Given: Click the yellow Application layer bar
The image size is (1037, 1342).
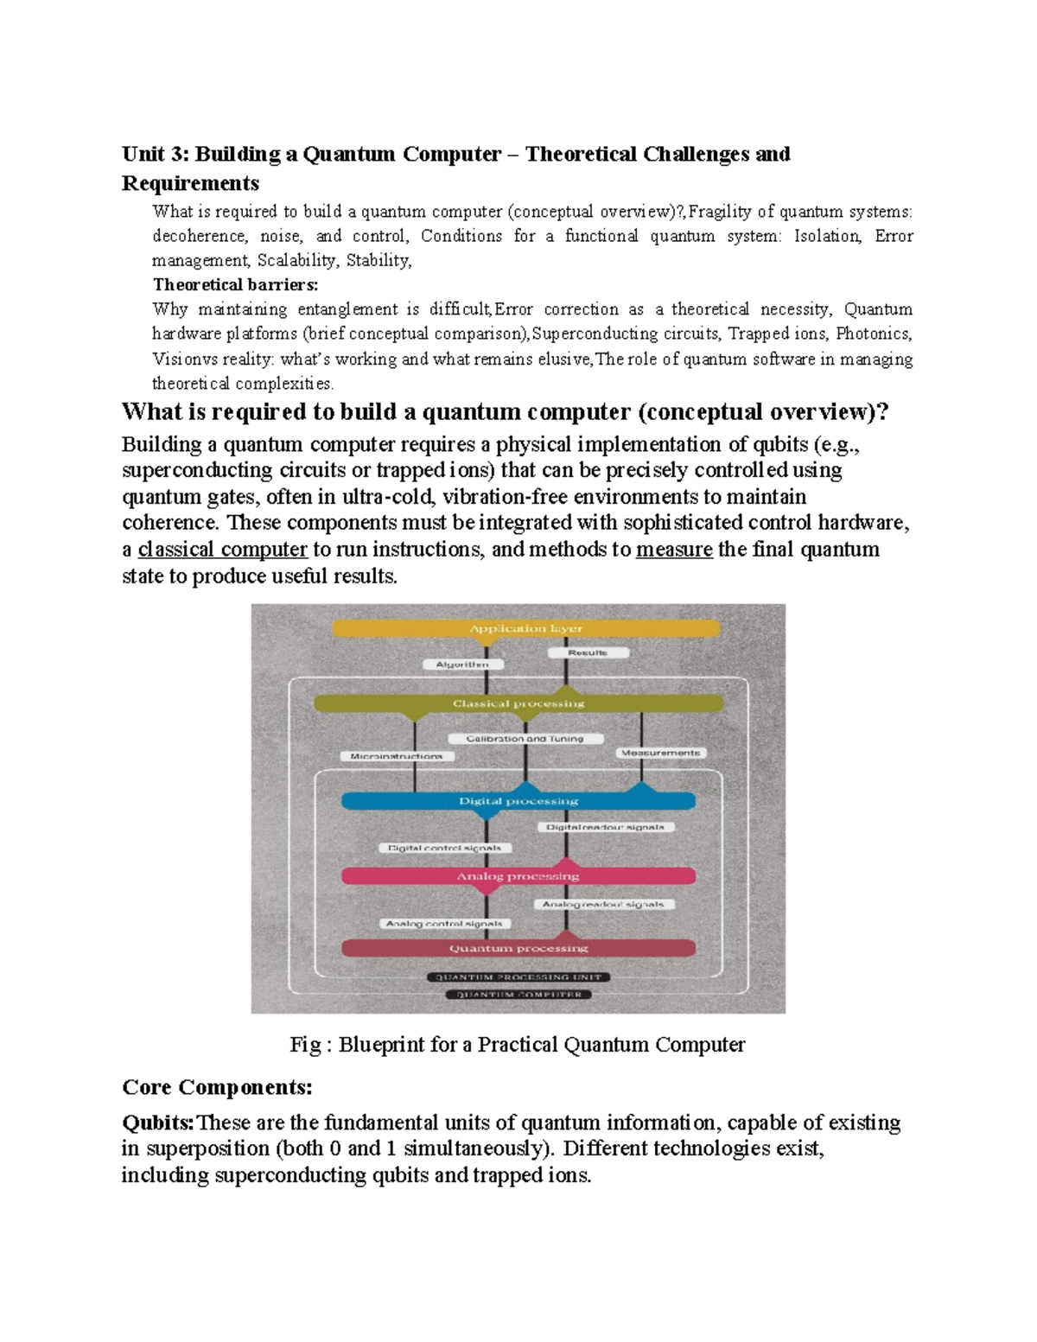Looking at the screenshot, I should click(525, 628).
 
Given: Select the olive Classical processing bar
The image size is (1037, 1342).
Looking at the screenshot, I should click(518, 703).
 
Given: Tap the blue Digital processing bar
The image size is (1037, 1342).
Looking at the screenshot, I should click(518, 801).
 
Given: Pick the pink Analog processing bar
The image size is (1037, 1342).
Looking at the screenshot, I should click(518, 876).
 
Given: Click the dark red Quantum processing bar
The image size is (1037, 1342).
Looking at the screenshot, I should click(518, 948).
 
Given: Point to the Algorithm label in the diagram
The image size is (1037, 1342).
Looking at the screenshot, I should click(462, 665).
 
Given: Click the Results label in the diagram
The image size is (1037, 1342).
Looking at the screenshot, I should click(588, 652).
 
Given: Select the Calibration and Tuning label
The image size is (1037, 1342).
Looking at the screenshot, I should click(525, 739).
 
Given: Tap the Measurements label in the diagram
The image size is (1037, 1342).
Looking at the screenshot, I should click(660, 753).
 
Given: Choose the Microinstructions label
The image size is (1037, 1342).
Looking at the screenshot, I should click(397, 756).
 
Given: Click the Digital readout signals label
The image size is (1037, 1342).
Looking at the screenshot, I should click(605, 827).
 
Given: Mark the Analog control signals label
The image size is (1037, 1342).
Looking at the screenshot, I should click(444, 924).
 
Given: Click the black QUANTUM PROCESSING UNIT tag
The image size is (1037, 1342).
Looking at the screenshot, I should click(518, 977).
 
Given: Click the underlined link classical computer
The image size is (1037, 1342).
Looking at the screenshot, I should click(222, 550).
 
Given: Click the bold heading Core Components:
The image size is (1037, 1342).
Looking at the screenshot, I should click(217, 1086).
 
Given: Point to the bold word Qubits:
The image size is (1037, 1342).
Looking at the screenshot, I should click(158, 1123).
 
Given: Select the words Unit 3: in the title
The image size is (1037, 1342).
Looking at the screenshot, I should click(155, 154).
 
